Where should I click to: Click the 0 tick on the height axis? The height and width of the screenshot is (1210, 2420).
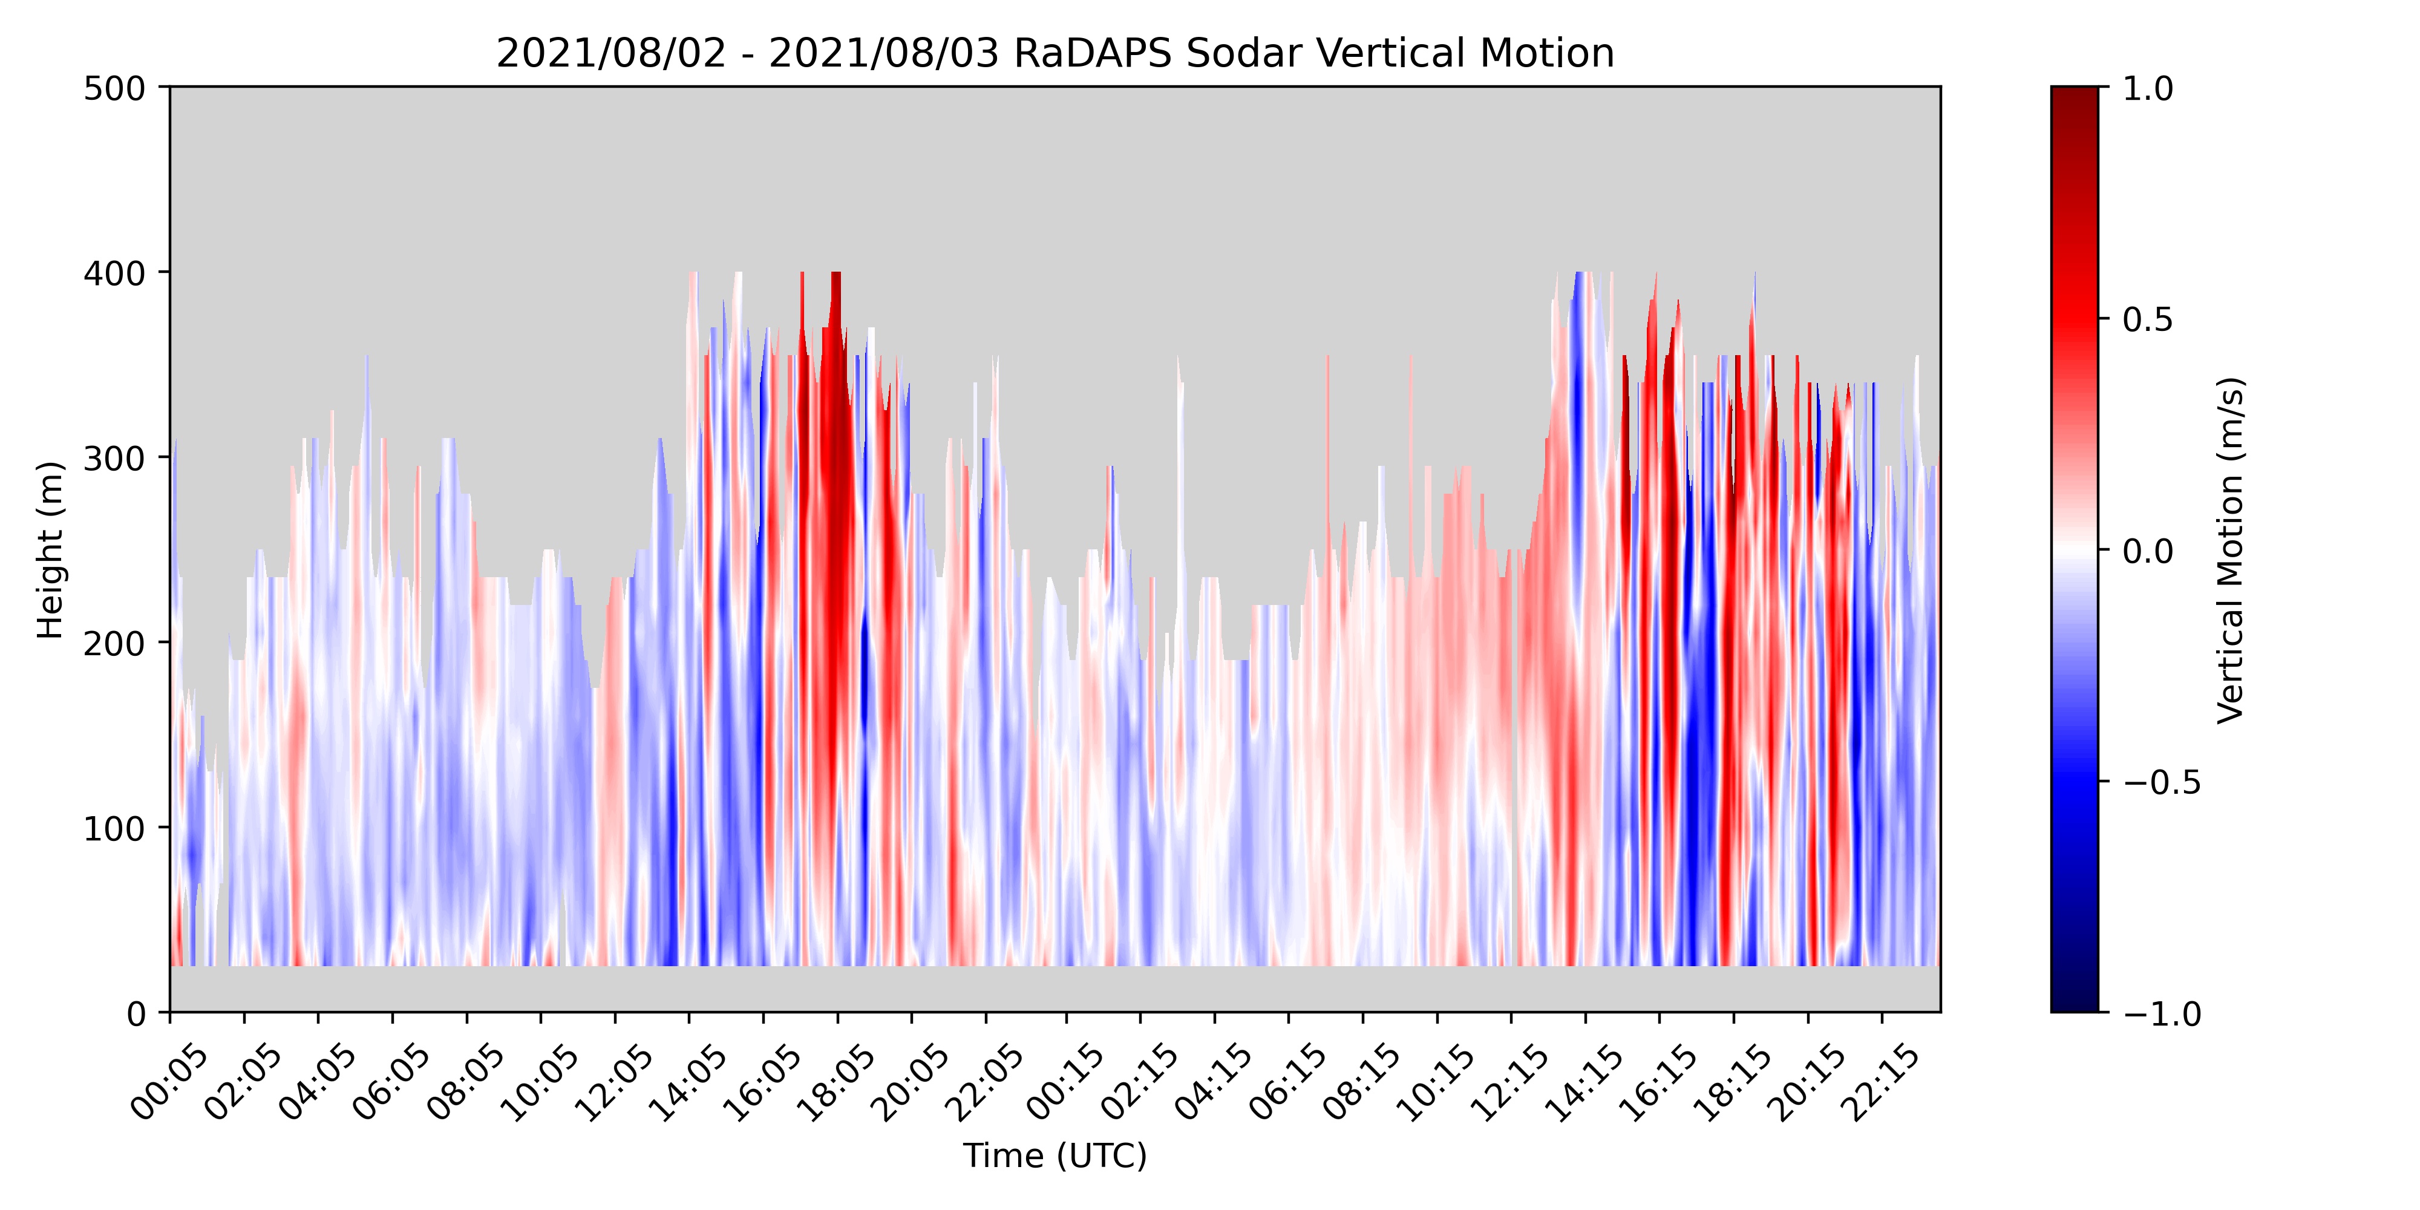136,1013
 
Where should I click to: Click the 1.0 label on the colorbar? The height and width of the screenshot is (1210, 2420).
2148,88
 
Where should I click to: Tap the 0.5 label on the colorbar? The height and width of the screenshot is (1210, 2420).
2148,319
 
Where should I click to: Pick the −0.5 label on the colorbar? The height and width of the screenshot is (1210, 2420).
2160,782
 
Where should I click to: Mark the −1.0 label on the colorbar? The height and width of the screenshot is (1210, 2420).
2160,1013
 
